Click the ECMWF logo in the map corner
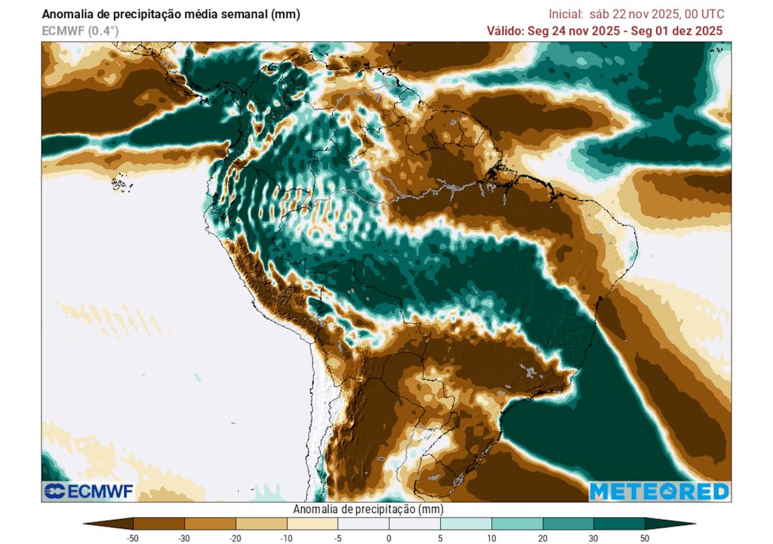pyautogui.click(x=88, y=491)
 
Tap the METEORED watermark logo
pyautogui.click(x=659, y=491)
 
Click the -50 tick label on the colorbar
pyautogui.click(x=134, y=538)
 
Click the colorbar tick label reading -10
pyautogui.click(x=287, y=538)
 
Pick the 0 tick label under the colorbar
pyautogui.click(x=389, y=538)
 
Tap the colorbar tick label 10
pyautogui.click(x=491, y=538)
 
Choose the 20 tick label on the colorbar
pyautogui.click(x=543, y=538)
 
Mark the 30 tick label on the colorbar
pyautogui.click(x=593, y=538)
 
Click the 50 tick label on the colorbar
pyautogui.click(x=645, y=538)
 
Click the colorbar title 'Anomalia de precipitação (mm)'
pyautogui.click(x=368, y=509)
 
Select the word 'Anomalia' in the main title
pyautogui.click(x=66, y=14)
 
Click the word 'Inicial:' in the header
pyautogui.click(x=565, y=14)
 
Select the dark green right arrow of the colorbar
pyautogui.click(x=670, y=523)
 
